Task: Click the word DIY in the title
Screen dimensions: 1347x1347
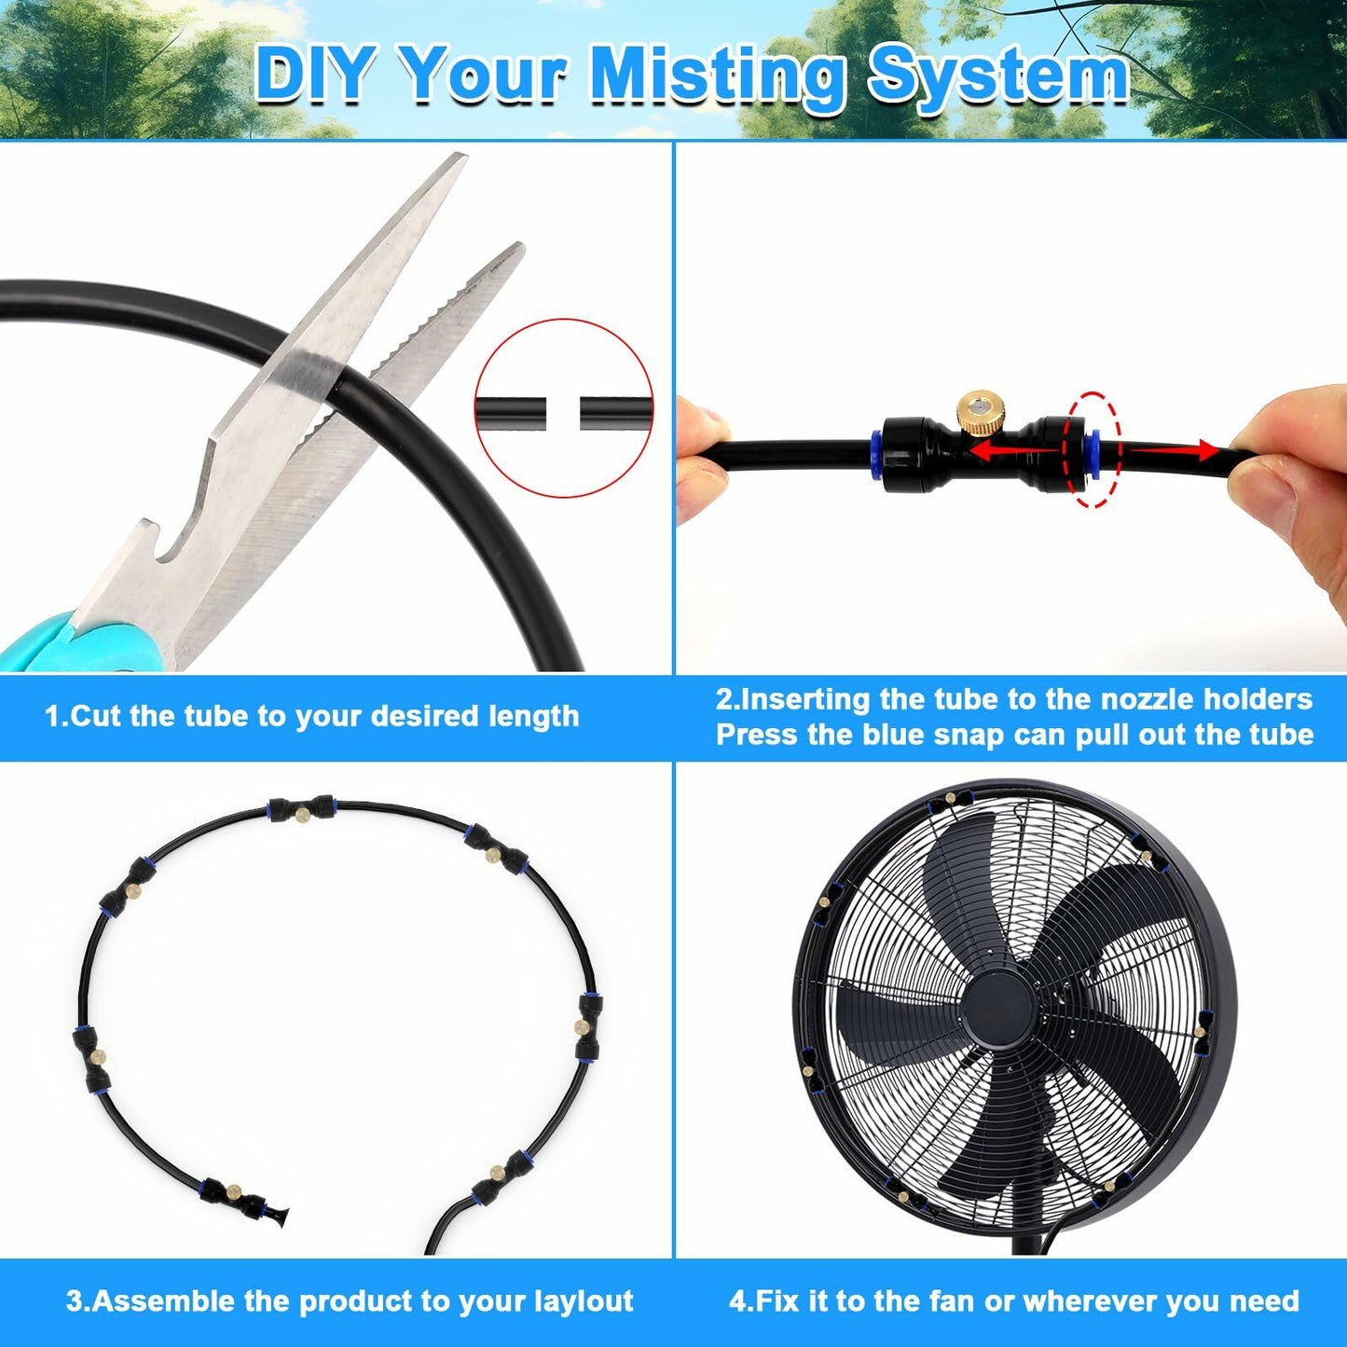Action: pos(313,75)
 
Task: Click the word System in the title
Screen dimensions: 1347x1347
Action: pos(998,75)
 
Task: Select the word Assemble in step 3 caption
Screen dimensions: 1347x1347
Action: pos(163,1301)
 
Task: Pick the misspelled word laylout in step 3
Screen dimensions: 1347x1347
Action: pos(584,1301)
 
